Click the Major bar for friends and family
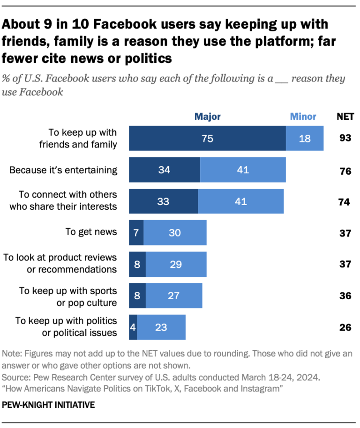click(207, 138)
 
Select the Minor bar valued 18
click(305, 138)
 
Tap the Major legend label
click(207, 116)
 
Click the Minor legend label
click(303, 116)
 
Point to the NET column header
click(345, 116)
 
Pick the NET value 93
click(345, 138)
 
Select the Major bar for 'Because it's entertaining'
click(165, 170)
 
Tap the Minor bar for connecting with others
click(240, 201)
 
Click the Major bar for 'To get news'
click(136, 233)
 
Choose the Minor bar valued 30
click(175, 233)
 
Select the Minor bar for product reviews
click(176, 264)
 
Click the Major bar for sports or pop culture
click(137, 295)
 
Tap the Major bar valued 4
click(133, 327)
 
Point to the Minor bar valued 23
click(161, 327)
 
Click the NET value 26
click(345, 327)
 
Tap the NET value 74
click(345, 201)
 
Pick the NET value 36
click(345, 295)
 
